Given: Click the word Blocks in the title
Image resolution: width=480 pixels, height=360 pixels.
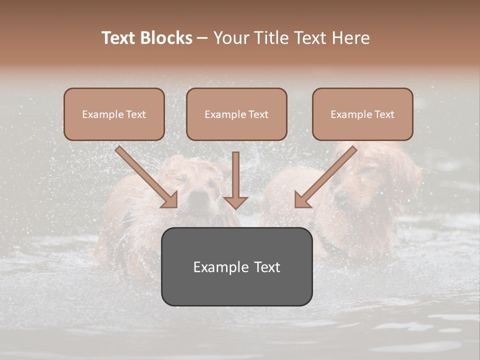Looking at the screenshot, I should coord(167,38).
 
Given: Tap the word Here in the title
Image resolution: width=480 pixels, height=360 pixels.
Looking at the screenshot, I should coord(349,38).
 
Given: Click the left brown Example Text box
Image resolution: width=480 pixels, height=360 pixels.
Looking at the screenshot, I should coord(114,114).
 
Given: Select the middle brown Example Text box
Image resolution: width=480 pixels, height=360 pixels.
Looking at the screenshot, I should coord(236,114).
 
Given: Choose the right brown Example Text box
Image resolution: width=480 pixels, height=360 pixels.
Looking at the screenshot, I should coord(362,114).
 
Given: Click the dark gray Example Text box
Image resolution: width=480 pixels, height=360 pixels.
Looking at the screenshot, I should coord(236,266).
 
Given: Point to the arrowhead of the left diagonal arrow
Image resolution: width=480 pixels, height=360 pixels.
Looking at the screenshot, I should coord(170,200).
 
